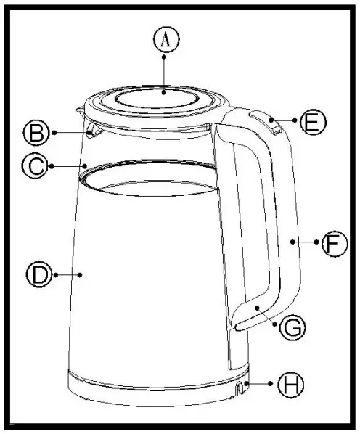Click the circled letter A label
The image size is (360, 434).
click(x=166, y=39)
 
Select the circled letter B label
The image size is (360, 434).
click(x=36, y=133)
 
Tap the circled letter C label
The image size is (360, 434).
click(x=35, y=165)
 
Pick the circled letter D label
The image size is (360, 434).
click(x=40, y=274)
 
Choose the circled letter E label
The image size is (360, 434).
click(x=314, y=122)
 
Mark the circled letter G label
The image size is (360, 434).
click(x=292, y=327)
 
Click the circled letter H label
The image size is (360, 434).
click(x=290, y=385)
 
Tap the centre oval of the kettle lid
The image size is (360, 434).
click(x=157, y=98)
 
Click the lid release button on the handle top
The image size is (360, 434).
click(x=266, y=122)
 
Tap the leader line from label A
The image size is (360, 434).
click(x=164, y=75)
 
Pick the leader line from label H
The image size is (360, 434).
click(x=258, y=384)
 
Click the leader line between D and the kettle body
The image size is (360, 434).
click(x=68, y=275)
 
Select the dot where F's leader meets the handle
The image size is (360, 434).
click(x=292, y=242)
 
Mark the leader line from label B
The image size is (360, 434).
click(x=73, y=133)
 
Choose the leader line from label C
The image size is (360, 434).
click(x=68, y=166)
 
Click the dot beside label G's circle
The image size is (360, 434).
click(x=274, y=324)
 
